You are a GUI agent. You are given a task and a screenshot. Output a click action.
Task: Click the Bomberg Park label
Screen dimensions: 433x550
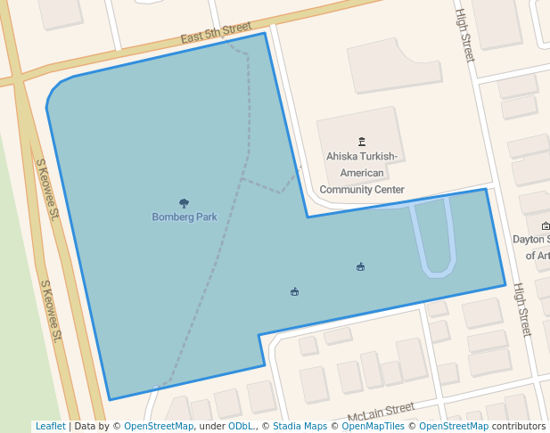[x=185, y=216]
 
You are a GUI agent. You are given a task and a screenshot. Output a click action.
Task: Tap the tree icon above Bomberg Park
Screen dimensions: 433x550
[x=185, y=203]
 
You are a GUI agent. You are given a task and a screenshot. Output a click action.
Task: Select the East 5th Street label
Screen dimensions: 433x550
[x=216, y=34]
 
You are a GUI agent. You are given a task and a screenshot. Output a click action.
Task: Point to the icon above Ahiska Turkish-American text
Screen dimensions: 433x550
[x=362, y=141]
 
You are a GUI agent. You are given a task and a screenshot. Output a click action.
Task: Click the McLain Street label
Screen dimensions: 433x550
[x=381, y=412]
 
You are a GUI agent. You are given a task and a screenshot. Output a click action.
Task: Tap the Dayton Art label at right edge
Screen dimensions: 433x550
[x=532, y=247]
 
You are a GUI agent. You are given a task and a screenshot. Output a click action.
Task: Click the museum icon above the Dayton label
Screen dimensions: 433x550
[x=546, y=225]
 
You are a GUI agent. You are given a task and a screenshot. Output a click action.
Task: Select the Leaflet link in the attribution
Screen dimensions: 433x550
[x=50, y=427]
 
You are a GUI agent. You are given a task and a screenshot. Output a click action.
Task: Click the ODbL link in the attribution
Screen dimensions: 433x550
[x=240, y=427]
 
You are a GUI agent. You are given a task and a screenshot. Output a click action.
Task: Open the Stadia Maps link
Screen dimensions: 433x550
[x=300, y=427]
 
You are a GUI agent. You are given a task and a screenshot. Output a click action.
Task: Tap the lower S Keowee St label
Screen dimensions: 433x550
[x=51, y=312]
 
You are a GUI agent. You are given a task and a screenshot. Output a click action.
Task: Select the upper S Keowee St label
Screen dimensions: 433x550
[x=46, y=190]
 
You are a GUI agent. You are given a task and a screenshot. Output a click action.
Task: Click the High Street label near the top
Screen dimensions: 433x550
[x=465, y=36]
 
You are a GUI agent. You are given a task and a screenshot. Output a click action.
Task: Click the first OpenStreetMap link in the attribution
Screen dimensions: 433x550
[x=159, y=427]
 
